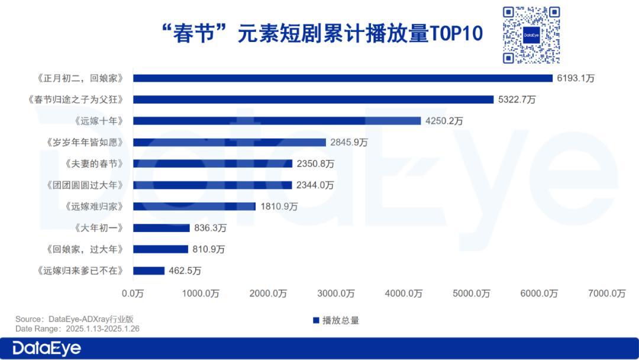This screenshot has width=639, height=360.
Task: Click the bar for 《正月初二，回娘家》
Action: [343, 78]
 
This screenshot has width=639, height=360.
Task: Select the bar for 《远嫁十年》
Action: [277, 121]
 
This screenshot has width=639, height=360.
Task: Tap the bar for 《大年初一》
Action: [162, 228]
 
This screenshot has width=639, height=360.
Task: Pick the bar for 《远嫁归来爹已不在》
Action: [149, 271]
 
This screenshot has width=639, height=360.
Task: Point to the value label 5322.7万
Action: [517, 99]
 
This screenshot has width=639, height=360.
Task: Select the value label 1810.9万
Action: [279, 207]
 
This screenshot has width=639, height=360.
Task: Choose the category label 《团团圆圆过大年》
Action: [85, 185]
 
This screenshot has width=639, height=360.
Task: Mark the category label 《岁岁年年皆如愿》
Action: [85, 142]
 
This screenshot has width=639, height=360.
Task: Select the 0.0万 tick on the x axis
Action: [133, 293]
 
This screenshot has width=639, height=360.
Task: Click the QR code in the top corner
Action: [531, 35]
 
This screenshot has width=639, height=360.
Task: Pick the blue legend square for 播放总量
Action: [316, 321]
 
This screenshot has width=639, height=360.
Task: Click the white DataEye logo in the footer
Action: [47, 349]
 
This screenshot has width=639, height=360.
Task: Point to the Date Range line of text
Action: [77, 329]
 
